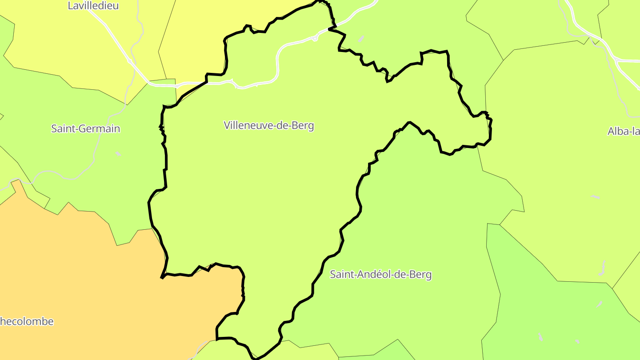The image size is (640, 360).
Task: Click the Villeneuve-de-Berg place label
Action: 269,125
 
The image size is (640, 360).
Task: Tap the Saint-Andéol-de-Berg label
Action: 380,275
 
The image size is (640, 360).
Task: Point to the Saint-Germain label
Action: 85,129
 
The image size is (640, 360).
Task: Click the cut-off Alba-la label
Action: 624,132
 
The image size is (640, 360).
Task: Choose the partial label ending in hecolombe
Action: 27,321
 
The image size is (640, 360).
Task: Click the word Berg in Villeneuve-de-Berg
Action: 303,125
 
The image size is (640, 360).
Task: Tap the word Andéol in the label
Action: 368,275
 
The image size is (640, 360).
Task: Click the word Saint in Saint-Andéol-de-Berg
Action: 340,275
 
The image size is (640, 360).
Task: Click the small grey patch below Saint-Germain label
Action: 118,154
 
